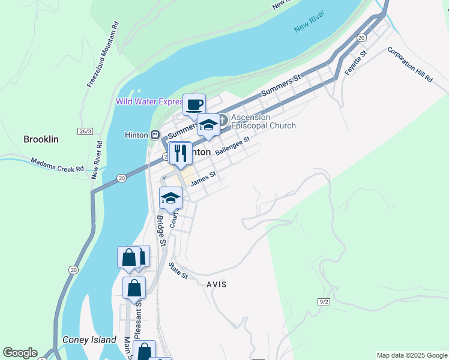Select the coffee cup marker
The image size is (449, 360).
tap(194, 105)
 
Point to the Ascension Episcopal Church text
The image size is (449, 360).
tap(263, 122)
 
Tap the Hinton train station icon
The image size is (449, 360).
tap(155, 135)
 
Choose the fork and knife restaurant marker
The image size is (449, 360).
tap(180, 154)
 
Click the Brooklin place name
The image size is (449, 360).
tap(41, 139)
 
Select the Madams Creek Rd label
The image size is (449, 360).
tap(58, 165)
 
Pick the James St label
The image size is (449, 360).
tap(202, 179)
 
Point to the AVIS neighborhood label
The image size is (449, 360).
tap(216, 284)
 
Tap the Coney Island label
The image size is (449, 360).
tap(89, 340)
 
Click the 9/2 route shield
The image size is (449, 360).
tap(324, 301)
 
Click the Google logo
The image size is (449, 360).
tap(20, 353)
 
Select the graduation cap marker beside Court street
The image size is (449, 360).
tap(170, 198)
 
